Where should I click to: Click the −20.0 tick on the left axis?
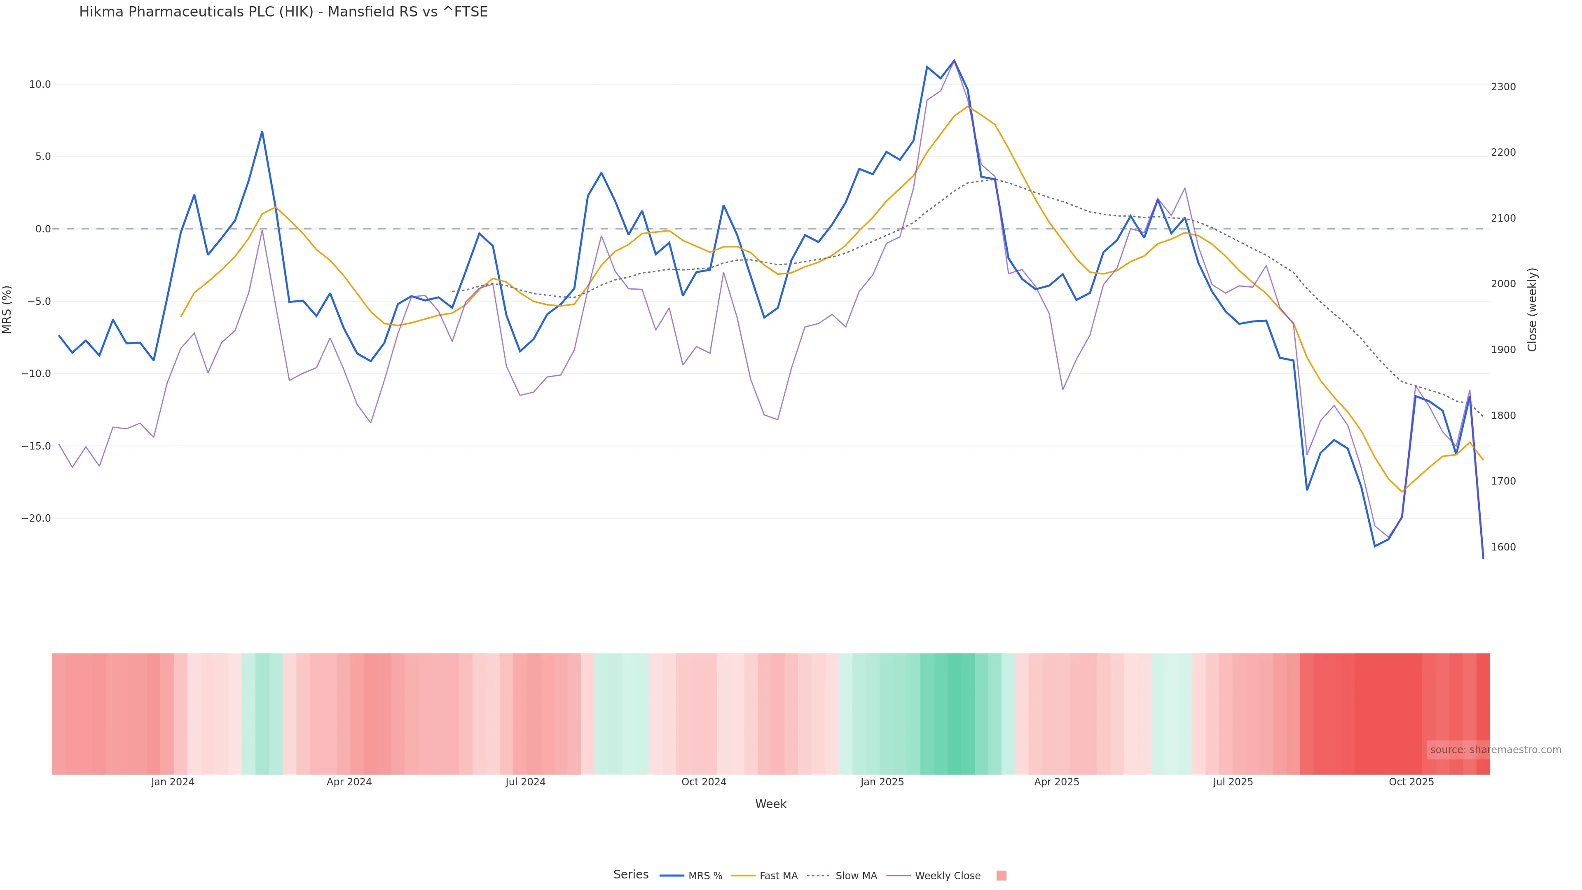(36, 518)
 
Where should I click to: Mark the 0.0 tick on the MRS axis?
(43, 229)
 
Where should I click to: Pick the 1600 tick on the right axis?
(1503, 547)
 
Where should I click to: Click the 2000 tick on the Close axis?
(1503, 284)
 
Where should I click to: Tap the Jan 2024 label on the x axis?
(173, 782)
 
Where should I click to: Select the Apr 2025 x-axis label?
(1056, 782)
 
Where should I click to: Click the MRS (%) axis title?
(7, 309)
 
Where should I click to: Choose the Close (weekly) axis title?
(1532, 309)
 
